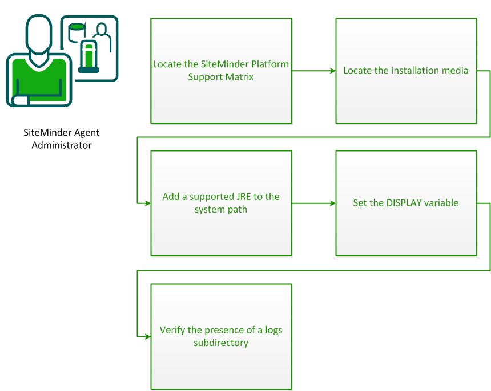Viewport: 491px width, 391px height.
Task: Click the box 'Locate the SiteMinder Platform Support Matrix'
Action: coord(221,70)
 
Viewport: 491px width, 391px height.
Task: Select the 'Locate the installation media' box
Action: coord(406,70)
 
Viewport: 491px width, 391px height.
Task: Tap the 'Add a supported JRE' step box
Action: coord(221,203)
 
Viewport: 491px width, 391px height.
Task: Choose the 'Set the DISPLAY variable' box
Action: coord(406,203)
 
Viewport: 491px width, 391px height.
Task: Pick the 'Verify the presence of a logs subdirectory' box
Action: coord(221,336)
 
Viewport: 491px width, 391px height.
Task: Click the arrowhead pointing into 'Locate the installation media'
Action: coord(332,71)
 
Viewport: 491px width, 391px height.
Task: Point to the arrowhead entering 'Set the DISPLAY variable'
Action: coord(332,203)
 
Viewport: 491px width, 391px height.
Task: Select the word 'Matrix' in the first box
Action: coord(240,76)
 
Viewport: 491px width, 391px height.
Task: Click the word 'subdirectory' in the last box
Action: coord(221,343)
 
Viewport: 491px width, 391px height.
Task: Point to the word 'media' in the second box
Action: coord(454,71)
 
